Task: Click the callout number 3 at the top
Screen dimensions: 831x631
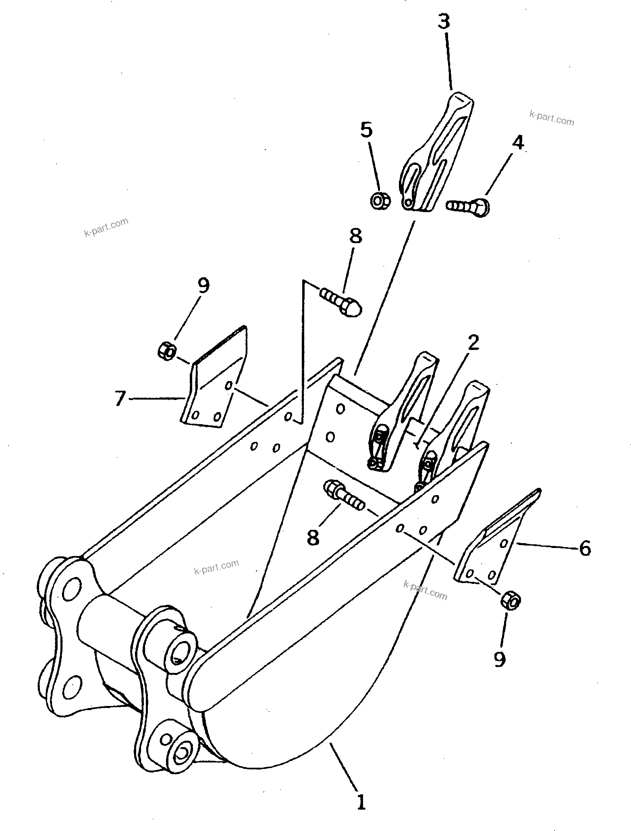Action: pyautogui.click(x=444, y=22)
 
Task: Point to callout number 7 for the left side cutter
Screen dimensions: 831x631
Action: pyautogui.click(x=119, y=400)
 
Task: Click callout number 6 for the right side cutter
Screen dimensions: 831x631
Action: pyautogui.click(x=585, y=549)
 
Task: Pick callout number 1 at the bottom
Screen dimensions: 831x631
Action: pyautogui.click(x=361, y=802)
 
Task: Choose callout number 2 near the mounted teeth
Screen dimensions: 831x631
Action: pyautogui.click(x=473, y=343)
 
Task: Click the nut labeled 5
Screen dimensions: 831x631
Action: pyautogui.click(x=379, y=200)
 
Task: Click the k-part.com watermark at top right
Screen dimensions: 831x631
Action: pyautogui.click(x=551, y=119)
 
